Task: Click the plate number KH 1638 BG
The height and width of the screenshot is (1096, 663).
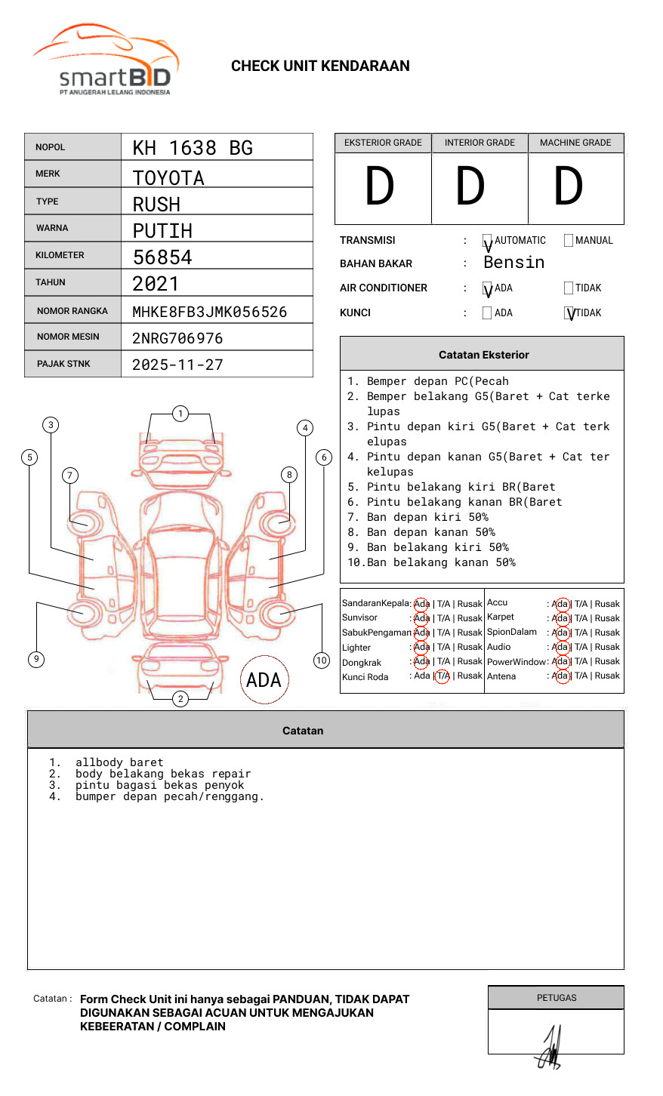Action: pyautogui.click(x=193, y=148)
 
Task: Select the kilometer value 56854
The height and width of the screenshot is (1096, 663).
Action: pyautogui.click(x=162, y=257)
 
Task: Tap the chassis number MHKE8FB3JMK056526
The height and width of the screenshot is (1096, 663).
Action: pyautogui.click(x=209, y=312)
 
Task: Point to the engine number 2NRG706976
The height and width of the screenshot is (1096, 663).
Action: pyautogui.click(x=177, y=338)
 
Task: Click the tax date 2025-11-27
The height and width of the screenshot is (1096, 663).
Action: pyautogui.click(x=177, y=365)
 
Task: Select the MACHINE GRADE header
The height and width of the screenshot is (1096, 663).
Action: pyautogui.click(x=575, y=143)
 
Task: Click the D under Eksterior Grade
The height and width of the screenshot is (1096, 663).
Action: pyautogui.click(x=380, y=186)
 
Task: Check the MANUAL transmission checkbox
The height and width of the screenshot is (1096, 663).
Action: pyautogui.click(x=569, y=241)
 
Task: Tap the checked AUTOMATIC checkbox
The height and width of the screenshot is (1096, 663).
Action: pyautogui.click(x=487, y=242)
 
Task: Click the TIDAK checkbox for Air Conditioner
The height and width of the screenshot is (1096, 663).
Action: pyautogui.click(x=569, y=288)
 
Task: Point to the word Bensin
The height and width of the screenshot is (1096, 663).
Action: pyautogui.click(x=513, y=263)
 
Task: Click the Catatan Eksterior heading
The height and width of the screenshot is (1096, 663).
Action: pyautogui.click(x=483, y=355)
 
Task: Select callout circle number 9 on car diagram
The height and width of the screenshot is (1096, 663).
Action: pyautogui.click(x=36, y=659)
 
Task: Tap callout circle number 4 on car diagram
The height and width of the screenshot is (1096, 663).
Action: pyautogui.click(x=305, y=428)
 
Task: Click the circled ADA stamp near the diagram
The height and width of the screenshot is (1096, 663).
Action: pyautogui.click(x=264, y=680)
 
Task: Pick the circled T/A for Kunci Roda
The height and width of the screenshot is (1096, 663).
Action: pyautogui.click(x=443, y=676)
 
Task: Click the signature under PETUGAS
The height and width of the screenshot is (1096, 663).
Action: pyautogui.click(x=550, y=1049)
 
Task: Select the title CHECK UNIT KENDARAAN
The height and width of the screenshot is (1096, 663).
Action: pyautogui.click(x=320, y=66)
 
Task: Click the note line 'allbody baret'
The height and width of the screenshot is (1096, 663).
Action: pyautogui.click(x=119, y=762)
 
